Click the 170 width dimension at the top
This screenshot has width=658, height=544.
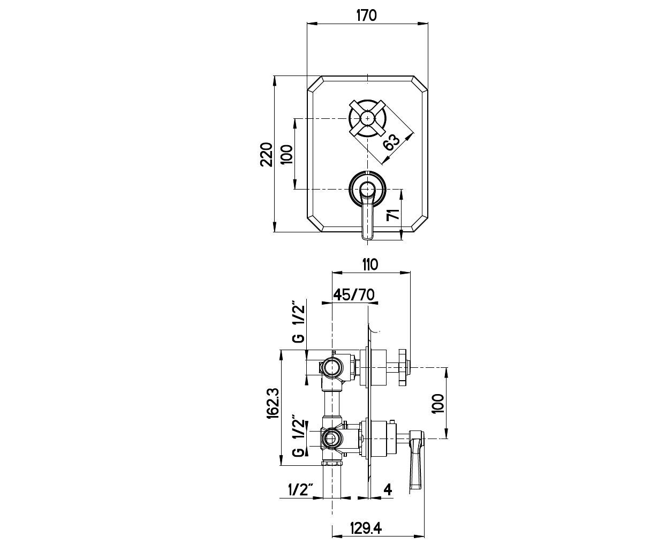coord(367,15)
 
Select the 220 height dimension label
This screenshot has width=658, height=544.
coord(267,154)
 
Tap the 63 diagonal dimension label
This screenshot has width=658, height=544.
coord(391,142)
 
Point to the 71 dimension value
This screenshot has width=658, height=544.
coord(393,215)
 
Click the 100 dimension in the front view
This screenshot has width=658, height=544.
coord(286,154)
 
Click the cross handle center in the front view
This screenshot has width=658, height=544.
coord(367,119)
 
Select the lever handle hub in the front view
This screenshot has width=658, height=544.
coord(367,189)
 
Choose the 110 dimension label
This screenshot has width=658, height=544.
coord(369,265)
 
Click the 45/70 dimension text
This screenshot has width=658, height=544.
coord(353,294)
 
